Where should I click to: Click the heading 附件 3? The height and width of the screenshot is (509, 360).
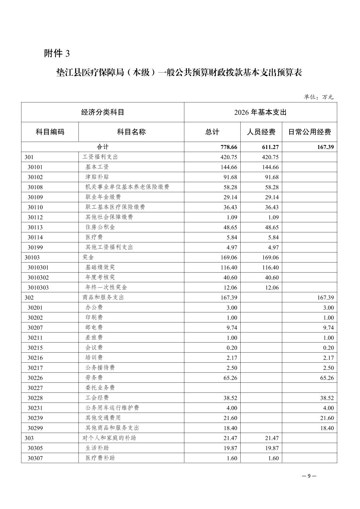point(57,53)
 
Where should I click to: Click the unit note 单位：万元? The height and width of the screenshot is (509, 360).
point(318,97)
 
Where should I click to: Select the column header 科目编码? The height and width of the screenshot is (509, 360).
point(50,132)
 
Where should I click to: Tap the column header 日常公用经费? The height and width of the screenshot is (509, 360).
point(309,132)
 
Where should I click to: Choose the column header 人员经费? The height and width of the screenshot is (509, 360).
point(261,132)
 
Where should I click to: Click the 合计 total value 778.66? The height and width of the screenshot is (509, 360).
point(229,147)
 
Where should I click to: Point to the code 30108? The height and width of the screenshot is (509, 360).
point(35,187)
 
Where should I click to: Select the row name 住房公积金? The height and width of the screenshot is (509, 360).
point(100,227)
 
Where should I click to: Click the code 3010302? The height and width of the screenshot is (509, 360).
point(38,277)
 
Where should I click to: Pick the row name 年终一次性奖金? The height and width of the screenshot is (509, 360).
point(106,287)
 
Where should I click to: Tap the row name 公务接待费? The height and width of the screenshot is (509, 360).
point(100,368)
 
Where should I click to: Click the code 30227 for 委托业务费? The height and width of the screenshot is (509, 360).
point(35,388)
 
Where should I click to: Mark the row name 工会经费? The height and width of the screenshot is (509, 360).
point(97,398)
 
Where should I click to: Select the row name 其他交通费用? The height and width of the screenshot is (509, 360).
point(103,418)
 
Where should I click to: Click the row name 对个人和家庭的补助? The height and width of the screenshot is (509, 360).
point(109,438)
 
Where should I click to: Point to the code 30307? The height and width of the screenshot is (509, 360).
point(35,458)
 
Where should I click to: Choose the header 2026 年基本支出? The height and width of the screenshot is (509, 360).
point(260,113)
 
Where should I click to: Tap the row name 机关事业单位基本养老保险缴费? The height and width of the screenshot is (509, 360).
point(127,187)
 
